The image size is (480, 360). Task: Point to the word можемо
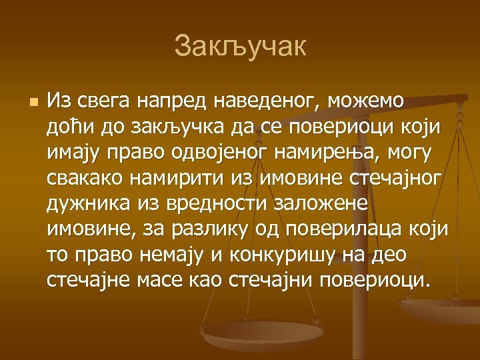click(365, 101)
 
